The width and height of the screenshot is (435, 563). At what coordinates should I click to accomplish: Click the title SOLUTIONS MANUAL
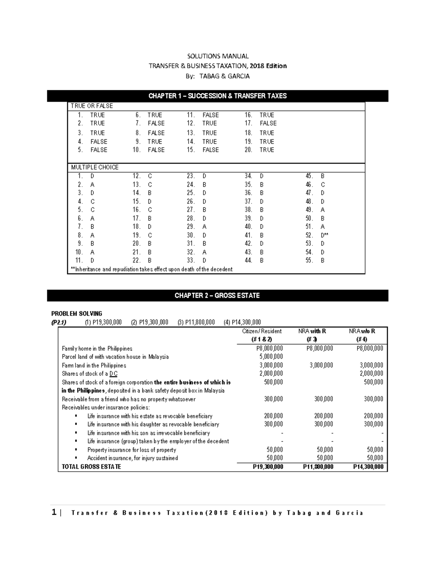[x=217, y=56]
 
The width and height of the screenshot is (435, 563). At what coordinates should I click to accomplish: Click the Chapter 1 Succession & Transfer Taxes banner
[x=217, y=96]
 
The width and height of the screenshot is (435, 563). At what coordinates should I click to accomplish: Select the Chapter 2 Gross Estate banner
[x=217, y=295]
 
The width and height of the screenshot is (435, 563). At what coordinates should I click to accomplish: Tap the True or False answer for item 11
[x=211, y=115]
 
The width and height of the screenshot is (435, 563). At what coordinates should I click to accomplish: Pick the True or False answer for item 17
[x=268, y=123]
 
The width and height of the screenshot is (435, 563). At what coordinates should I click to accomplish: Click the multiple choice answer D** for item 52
[x=324, y=235]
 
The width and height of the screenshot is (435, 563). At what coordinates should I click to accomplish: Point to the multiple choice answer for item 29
[x=204, y=227]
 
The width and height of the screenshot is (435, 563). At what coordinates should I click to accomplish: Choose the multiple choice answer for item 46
[x=323, y=185]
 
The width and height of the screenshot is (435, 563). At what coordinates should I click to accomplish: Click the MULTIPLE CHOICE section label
[x=95, y=167]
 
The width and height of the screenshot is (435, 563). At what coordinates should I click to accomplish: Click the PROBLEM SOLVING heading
[x=76, y=314]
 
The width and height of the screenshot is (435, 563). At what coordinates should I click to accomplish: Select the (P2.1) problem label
[x=59, y=322]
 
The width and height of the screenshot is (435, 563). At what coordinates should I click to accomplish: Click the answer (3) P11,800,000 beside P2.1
[x=196, y=322]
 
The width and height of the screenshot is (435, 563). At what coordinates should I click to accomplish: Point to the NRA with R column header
[x=312, y=331]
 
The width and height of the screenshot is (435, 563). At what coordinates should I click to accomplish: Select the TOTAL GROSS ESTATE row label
[x=91, y=467]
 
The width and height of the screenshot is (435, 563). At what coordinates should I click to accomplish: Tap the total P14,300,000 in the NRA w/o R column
[x=368, y=467]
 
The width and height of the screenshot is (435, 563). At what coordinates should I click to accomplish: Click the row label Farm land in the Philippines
[x=94, y=365]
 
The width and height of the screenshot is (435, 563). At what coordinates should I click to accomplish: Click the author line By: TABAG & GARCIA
[x=217, y=76]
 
